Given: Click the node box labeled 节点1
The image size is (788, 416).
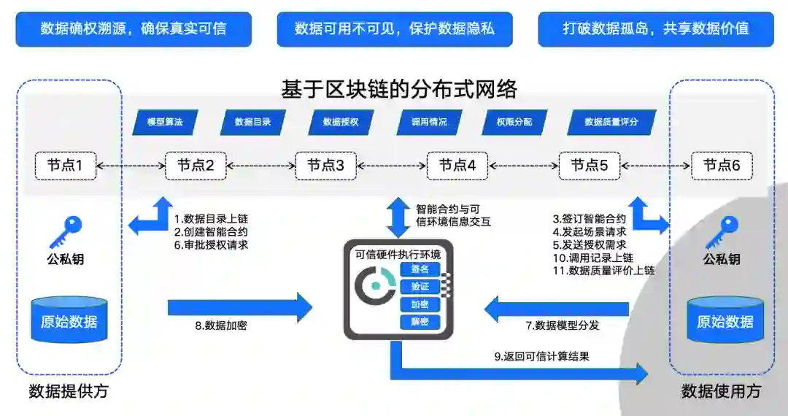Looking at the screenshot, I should [x=65, y=166].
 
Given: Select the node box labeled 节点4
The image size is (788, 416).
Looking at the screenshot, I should [x=457, y=166].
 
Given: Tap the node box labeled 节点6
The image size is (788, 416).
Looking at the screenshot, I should [x=722, y=166].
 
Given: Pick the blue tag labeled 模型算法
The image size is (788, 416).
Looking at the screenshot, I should [x=164, y=122].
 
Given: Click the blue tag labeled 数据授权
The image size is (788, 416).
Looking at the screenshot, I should [x=340, y=122].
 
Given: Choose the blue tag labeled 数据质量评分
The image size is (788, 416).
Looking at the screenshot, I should [x=611, y=122].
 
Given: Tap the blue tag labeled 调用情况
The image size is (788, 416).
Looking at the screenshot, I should [x=428, y=122].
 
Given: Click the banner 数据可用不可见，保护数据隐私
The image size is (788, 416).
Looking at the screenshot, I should [x=394, y=29].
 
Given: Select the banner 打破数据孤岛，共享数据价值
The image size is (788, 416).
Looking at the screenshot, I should [x=655, y=29].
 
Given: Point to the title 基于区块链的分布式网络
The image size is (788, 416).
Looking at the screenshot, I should [x=398, y=89].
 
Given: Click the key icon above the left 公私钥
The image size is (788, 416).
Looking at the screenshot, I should [x=66, y=232].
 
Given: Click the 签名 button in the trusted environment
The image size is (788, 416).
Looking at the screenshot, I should [x=420, y=270].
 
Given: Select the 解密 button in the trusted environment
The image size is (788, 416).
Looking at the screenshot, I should [x=420, y=322].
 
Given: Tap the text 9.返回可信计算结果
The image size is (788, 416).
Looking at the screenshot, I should [x=541, y=356].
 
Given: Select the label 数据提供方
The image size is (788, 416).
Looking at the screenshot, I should [x=69, y=391].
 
